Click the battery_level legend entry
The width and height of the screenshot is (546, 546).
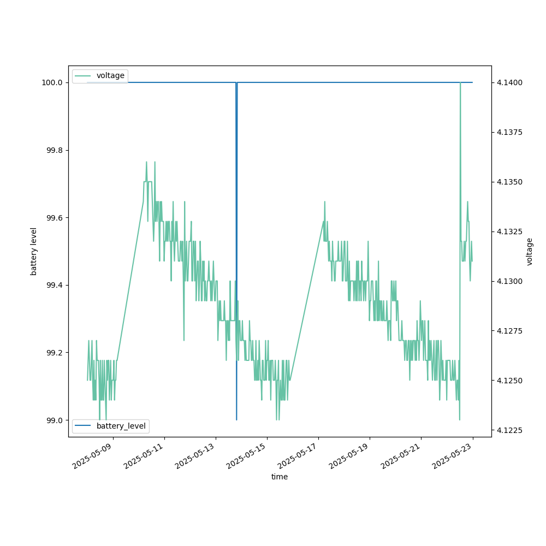tap(121, 426)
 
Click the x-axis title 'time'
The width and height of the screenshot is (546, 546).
tap(280, 477)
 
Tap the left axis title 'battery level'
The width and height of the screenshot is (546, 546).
tap(34, 251)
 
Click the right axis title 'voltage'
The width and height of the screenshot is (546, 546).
tap(529, 251)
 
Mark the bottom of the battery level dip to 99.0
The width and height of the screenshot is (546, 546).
tap(236, 419)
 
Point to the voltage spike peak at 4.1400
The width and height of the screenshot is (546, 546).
tap(460, 83)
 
